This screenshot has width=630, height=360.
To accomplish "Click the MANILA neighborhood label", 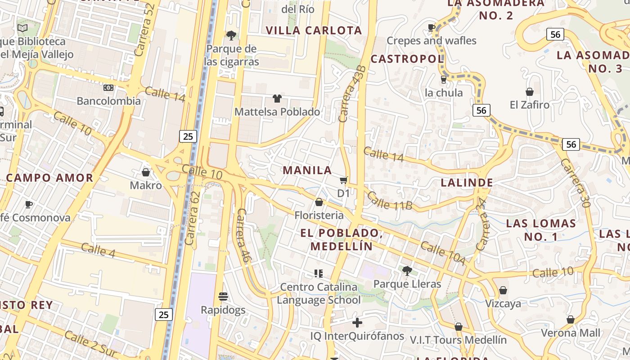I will (307, 171).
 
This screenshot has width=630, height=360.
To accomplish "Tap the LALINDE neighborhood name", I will (467, 183).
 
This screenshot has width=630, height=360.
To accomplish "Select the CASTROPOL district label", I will (407, 59).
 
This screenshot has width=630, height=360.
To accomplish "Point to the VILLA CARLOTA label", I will (314, 31).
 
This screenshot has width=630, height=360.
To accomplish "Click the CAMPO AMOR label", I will (49, 178).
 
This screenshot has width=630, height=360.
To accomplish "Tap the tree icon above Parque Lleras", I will (407, 270).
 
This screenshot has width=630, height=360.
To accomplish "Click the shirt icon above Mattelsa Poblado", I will (277, 99).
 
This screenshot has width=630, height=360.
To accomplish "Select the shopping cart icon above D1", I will (344, 180).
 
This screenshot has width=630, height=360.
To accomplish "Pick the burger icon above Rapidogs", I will (223, 297).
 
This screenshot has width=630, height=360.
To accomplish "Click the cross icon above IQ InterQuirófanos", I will (357, 323).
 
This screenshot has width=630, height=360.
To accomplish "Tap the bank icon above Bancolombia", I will (108, 87).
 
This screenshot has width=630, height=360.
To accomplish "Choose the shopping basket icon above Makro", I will (146, 172).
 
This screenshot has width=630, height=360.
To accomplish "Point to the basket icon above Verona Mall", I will (571, 319).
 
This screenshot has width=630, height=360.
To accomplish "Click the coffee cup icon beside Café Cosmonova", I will (29, 205).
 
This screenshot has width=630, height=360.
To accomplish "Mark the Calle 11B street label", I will (390, 201).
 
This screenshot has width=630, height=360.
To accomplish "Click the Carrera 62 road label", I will (192, 218).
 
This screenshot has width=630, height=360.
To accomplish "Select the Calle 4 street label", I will (99, 251).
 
